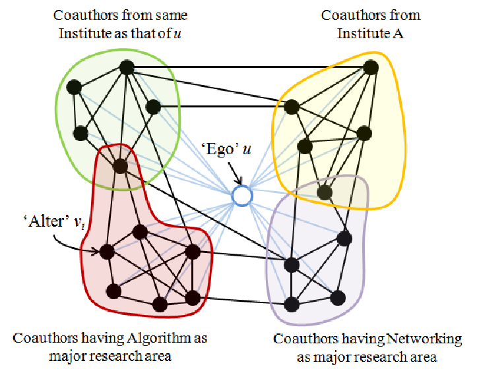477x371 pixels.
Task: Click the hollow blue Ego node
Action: (242, 196)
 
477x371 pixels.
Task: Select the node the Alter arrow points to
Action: (107, 251)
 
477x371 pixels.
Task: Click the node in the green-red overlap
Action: (121, 166)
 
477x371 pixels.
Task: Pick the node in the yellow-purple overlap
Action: (325, 192)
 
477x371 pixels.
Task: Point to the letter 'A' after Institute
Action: (398, 34)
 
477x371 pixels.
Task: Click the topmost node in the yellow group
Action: (371, 67)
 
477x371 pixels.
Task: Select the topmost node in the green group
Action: (127, 67)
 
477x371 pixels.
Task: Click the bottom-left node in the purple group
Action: (292, 304)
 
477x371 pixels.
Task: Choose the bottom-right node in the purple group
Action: (338, 298)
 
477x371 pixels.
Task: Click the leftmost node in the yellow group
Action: (292, 107)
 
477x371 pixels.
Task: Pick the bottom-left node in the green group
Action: (80, 133)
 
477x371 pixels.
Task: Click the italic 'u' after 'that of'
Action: (177, 34)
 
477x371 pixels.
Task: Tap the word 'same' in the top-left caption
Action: (172, 16)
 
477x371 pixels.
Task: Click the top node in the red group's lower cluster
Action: (140, 233)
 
